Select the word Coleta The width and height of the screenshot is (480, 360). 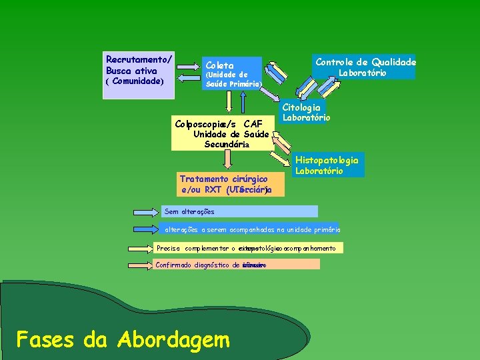point(220,65)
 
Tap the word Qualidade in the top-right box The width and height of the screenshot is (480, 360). point(393,62)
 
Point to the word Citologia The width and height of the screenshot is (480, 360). point(301,107)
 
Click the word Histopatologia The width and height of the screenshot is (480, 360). point(327,160)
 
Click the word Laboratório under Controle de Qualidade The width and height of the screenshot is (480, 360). point(362,73)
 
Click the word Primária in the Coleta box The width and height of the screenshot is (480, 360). point(243,84)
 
